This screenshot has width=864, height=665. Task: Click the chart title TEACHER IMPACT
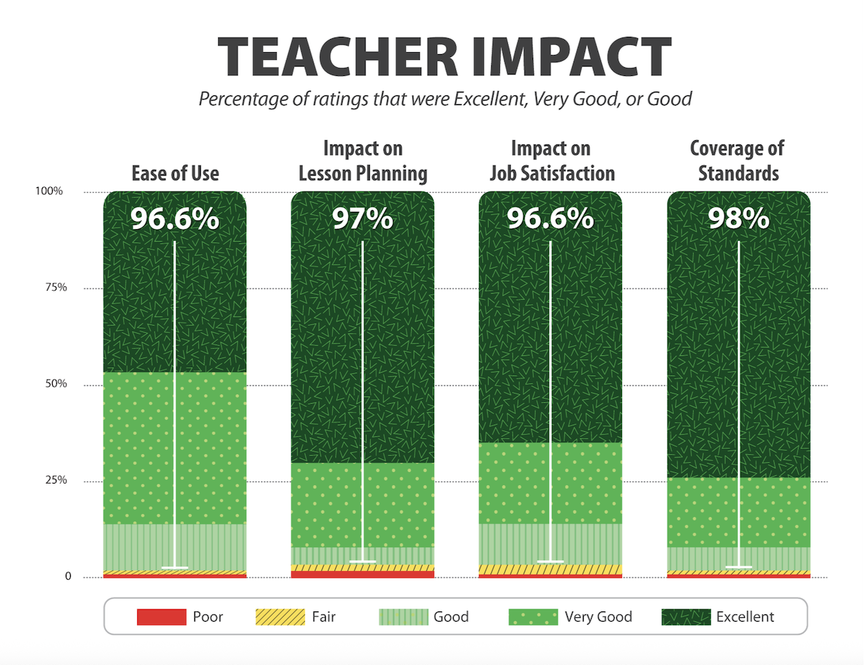[445, 57]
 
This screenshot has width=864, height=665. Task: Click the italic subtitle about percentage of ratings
[445, 98]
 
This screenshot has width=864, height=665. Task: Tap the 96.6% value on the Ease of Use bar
[175, 218]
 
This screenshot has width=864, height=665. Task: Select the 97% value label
[363, 218]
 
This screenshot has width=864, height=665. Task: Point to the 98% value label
[738, 218]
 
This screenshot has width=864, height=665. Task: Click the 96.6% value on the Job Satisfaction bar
[550, 218]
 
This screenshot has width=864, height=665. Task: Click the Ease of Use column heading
[175, 173]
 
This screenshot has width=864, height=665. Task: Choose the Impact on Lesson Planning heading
[363, 161]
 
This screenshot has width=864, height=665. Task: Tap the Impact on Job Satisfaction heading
[550, 161]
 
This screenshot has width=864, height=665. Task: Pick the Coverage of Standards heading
[738, 161]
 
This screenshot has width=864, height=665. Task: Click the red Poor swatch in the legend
[160, 617]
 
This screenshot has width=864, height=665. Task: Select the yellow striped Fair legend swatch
[280, 617]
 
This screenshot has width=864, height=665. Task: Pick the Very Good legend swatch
[534, 617]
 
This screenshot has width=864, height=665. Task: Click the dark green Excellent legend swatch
[686, 617]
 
